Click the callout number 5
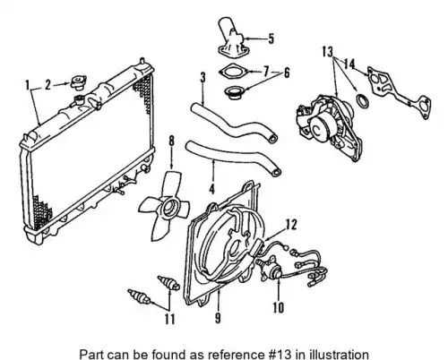pyautogui.click(x=271, y=39)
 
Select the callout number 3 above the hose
pyautogui.click(x=202, y=77)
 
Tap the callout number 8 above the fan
pyautogui.click(x=171, y=141)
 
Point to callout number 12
pyautogui.click(x=291, y=225)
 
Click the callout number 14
pyautogui.click(x=349, y=64)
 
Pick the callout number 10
pyautogui.click(x=278, y=307)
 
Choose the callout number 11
pyautogui.click(x=169, y=320)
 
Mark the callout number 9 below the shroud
pyautogui.click(x=218, y=318)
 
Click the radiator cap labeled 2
pyautogui.click(x=79, y=82)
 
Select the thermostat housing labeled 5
pyautogui.click(x=232, y=40)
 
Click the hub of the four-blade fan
pyautogui.click(x=169, y=208)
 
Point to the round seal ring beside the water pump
pyautogui.click(x=363, y=101)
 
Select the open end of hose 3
pyautogui.click(x=272, y=138)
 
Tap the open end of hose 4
pyautogui.click(x=277, y=172)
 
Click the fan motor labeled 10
pyautogui.click(x=271, y=269)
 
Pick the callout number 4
pyautogui.click(x=211, y=189)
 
